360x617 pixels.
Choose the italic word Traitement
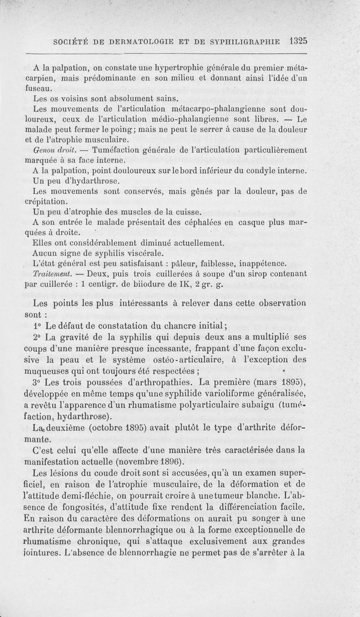coord(50,273)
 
